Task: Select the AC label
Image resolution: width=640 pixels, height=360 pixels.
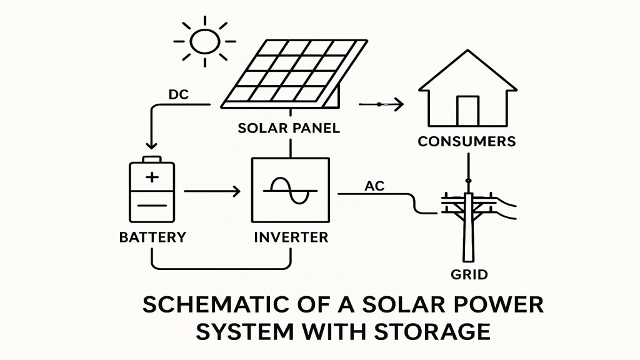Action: pyautogui.click(x=373, y=186)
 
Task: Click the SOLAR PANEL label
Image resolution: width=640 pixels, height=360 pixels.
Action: pyautogui.click(x=289, y=129)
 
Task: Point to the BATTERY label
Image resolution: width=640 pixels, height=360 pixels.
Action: pyautogui.click(x=152, y=237)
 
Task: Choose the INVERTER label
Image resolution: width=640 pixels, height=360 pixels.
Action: pyautogui.click(x=291, y=237)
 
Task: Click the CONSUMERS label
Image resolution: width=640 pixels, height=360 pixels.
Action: pyautogui.click(x=467, y=141)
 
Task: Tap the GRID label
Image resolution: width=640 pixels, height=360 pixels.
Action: pyautogui.click(x=468, y=274)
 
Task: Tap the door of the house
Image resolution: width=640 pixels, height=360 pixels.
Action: pyautogui.click(x=467, y=111)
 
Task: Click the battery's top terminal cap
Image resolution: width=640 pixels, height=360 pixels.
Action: pyautogui.click(x=152, y=160)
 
